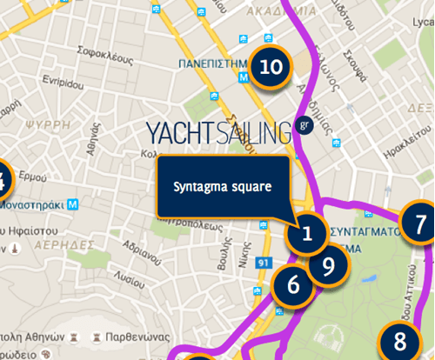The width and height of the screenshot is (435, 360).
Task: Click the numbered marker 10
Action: point(270,67)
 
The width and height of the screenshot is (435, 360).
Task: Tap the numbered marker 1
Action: point(307,233)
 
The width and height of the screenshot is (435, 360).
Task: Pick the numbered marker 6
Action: point(292,284)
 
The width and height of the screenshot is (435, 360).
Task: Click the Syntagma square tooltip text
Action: point(222,187)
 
